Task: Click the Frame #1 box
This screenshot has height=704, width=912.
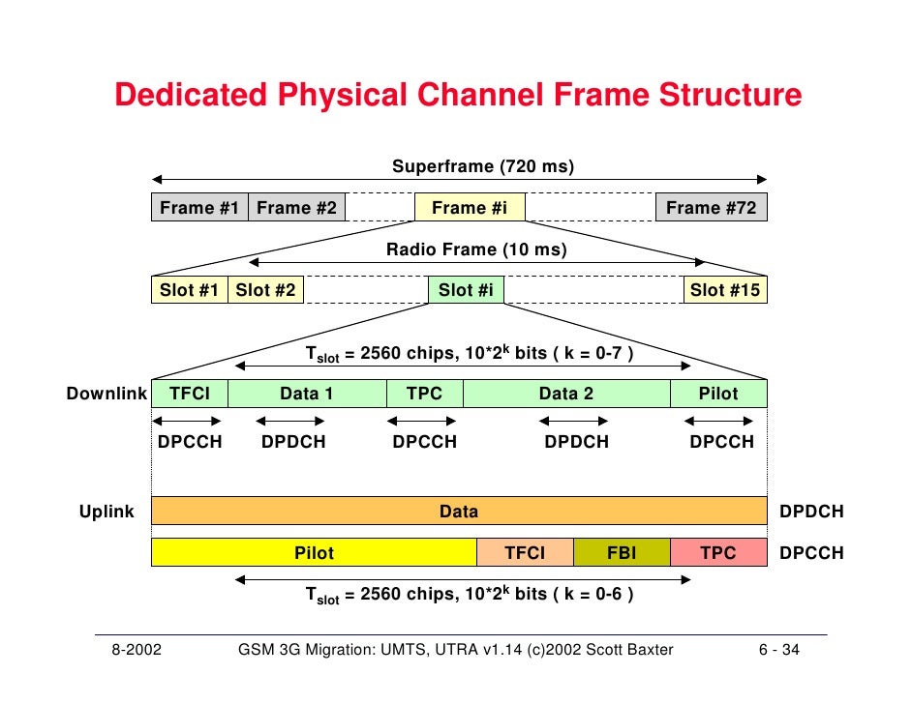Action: (199, 208)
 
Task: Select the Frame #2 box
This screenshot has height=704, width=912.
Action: (296, 208)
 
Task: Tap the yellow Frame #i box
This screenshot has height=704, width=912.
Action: (470, 208)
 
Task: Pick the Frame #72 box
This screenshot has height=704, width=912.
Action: (712, 208)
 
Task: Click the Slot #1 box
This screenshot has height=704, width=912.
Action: (189, 290)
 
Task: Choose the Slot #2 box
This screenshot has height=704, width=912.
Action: (265, 290)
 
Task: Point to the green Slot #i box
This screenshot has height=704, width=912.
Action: (466, 290)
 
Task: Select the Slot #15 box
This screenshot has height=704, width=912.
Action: (725, 290)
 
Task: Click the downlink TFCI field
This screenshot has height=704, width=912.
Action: (190, 394)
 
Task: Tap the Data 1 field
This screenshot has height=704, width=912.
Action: (307, 394)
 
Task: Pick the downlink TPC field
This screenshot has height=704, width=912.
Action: (425, 394)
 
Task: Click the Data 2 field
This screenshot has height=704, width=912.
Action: (566, 394)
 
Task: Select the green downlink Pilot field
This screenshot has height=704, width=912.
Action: (718, 394)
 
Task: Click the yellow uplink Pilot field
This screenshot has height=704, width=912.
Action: (314, 553)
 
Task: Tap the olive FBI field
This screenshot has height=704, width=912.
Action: (622, 553)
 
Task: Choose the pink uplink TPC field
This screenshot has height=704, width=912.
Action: (718, 553)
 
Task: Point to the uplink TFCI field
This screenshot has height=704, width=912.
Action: (526, 553)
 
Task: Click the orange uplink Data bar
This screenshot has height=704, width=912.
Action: (459, 512)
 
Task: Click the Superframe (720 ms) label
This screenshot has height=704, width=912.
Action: (483, 167)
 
